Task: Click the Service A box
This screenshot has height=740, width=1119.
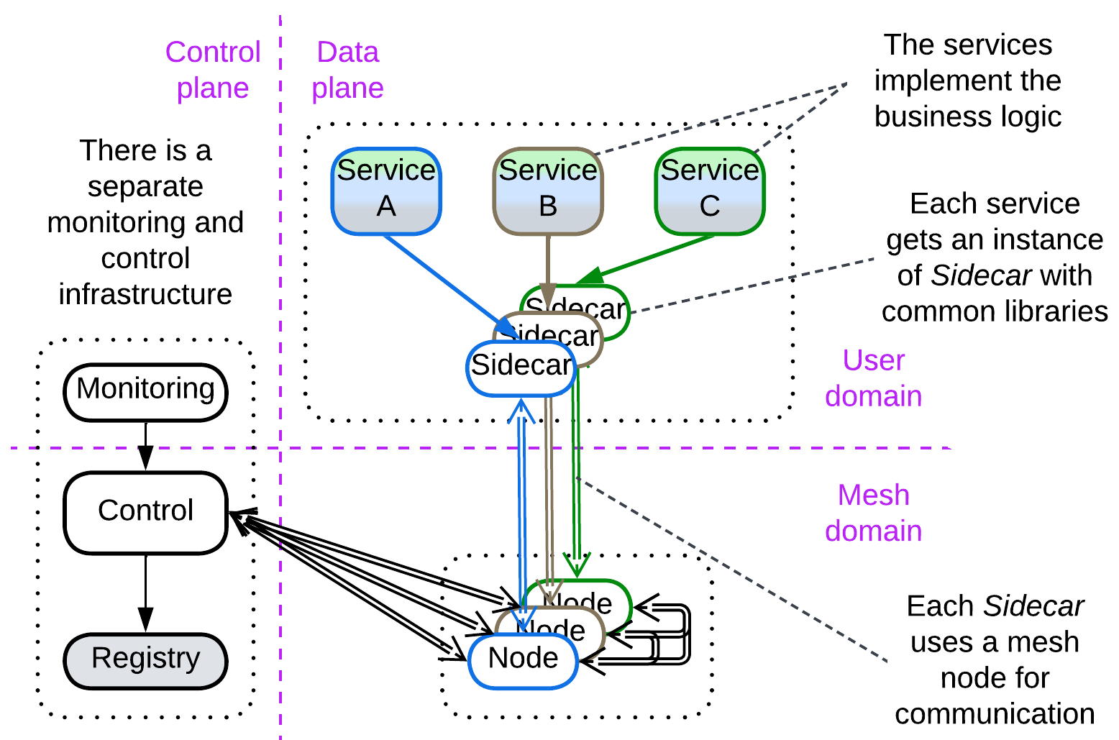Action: click(386, 191)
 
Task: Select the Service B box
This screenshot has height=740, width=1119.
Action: click(548, 191)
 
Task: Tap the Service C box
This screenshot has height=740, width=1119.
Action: click(710, 191)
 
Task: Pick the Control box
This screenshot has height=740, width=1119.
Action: click(145, 512)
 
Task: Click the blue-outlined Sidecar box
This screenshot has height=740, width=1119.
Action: click(521, 367)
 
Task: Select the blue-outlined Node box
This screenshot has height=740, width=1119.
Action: click(523, 659)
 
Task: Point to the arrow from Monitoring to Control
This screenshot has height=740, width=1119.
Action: click(145, 446)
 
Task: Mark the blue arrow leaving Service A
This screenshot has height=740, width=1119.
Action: click(446, 280)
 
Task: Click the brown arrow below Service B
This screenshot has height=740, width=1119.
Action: click(548, 266)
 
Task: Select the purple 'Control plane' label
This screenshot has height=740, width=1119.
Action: click(213, 70)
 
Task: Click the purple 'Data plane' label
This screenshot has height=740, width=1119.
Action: click(347, 70)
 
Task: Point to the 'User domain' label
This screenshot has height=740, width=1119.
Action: click(873, 378)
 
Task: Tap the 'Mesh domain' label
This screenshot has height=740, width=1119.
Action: click(873, 513)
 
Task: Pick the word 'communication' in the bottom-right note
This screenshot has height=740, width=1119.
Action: click(995, 714)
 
